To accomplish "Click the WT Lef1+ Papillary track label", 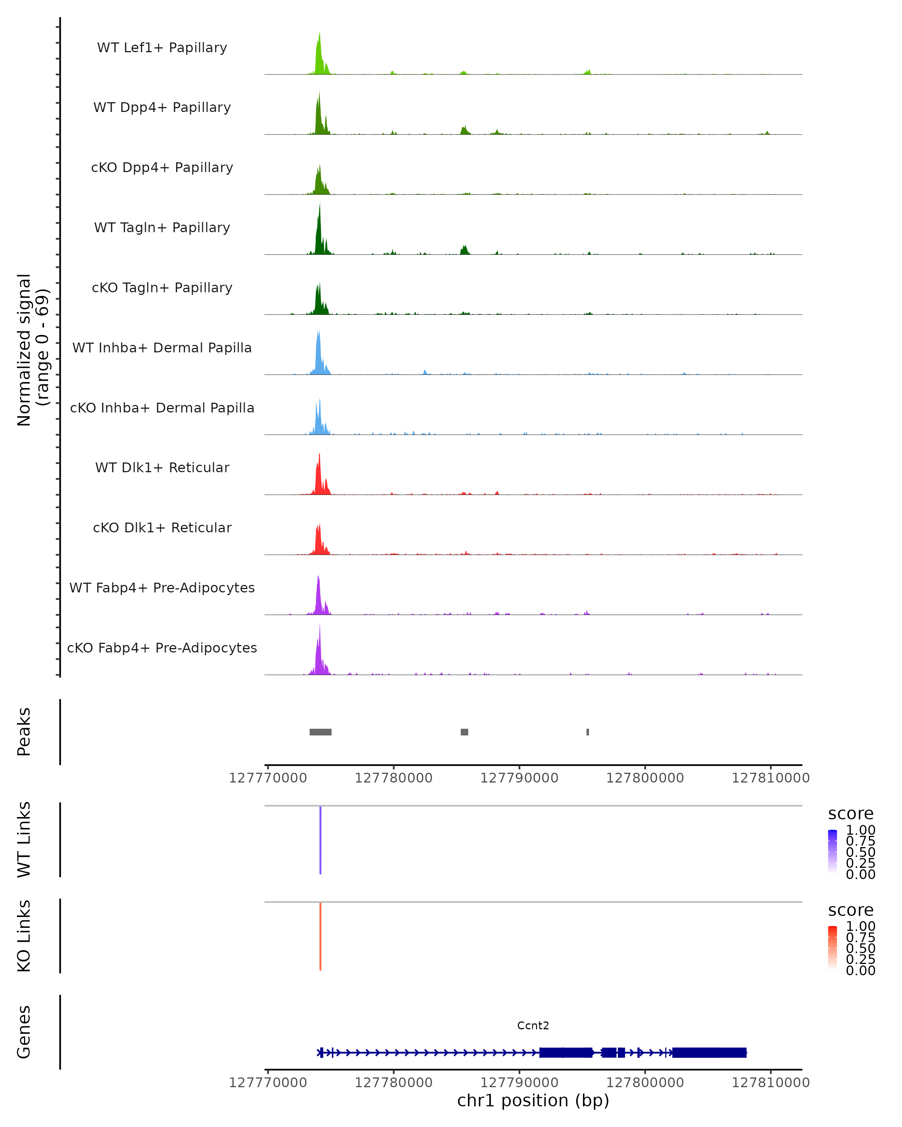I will click(162, 48).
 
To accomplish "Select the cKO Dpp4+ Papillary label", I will click(162, 168).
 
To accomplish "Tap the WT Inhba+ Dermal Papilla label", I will click(162, 348).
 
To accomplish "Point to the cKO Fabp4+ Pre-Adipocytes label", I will click(162, 648).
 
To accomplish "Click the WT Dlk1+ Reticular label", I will click(162, 468).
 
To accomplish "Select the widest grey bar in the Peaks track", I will click(321, 732).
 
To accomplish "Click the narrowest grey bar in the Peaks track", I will click(588, 732).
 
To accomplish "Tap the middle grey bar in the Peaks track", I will click(464, 732).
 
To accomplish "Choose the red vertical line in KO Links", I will click(321, 936).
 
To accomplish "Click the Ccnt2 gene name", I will click(533, 1026).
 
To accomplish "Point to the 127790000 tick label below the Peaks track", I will click(519, 778).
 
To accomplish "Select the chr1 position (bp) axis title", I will click(533, 1101).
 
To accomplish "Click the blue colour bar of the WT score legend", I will click(832, 851).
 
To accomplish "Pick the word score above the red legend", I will click(850, 910).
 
